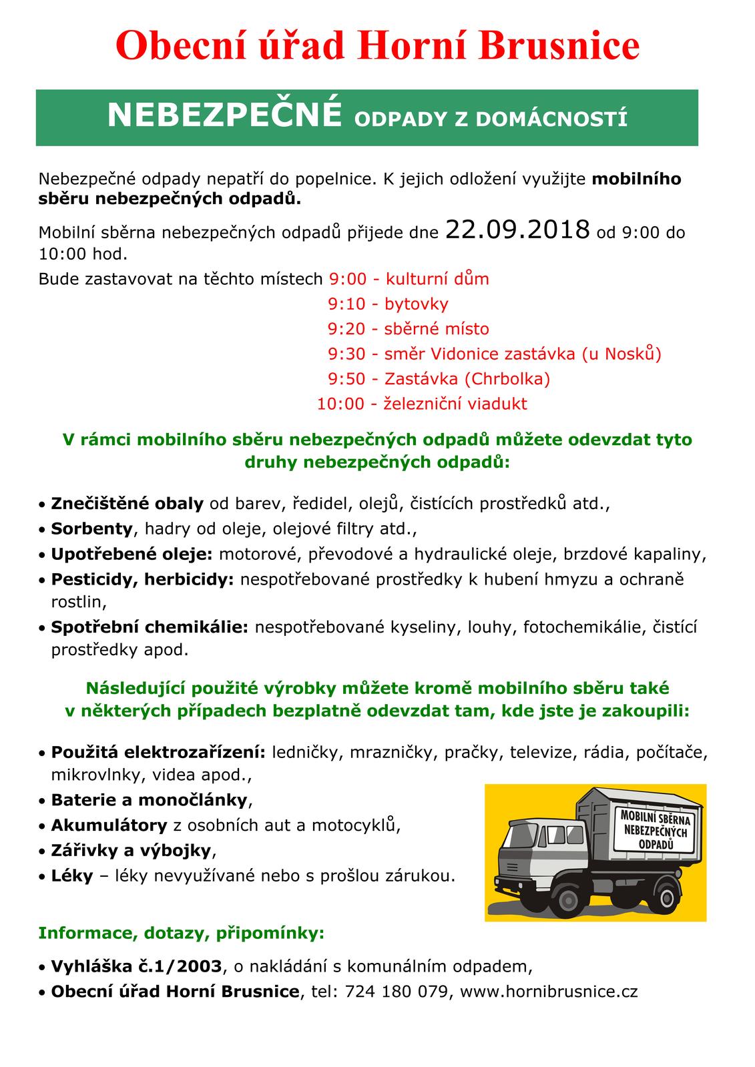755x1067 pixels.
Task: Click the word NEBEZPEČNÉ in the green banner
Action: (224, 116)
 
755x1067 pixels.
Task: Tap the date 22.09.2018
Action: (517, 230)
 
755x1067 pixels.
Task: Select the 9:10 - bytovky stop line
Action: (388, 304)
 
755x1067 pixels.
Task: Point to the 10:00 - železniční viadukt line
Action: (422, 404)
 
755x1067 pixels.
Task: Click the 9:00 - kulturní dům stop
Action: (409, 279)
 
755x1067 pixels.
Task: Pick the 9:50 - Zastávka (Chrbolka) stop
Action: (439, 379)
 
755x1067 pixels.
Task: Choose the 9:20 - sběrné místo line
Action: (408, 329)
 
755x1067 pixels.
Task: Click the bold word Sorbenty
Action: (92, 529)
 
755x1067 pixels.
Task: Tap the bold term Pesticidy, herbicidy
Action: (142, 579)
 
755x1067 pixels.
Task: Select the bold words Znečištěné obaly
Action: (127, 504)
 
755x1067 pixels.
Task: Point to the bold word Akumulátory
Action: (109, 825)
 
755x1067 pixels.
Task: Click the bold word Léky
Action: (71, 875)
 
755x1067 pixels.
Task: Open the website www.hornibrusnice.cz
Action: (549, 992)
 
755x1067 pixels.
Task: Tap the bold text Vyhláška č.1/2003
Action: (138, 966)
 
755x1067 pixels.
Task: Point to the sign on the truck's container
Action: (655, 829)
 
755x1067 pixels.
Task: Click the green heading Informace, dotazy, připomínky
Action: (182, 933)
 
